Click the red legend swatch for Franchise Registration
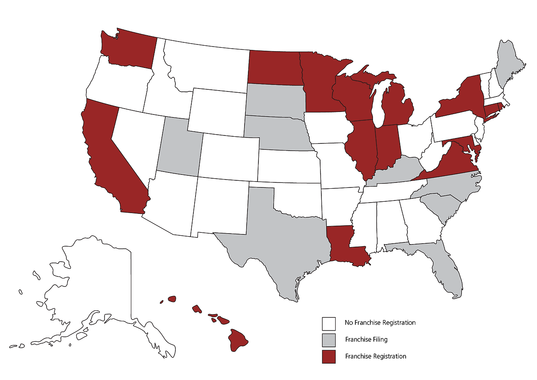328,357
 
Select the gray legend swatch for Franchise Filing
328,340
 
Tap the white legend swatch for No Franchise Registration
328,323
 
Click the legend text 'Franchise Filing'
366,340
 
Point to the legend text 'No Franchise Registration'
380,323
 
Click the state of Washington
130,50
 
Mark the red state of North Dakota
273,67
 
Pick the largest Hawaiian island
238,340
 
